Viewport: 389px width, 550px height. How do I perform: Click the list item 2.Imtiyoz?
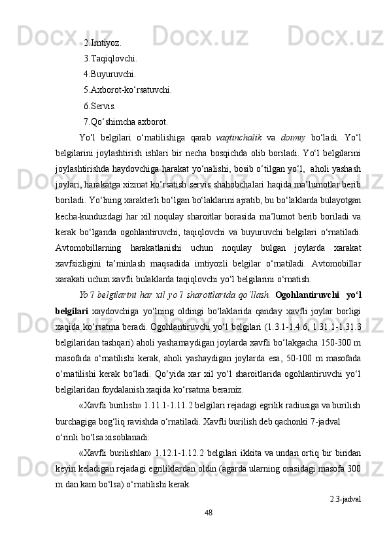[x=102, y=43]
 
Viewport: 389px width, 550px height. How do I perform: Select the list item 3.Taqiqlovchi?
[x=110, y=58]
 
